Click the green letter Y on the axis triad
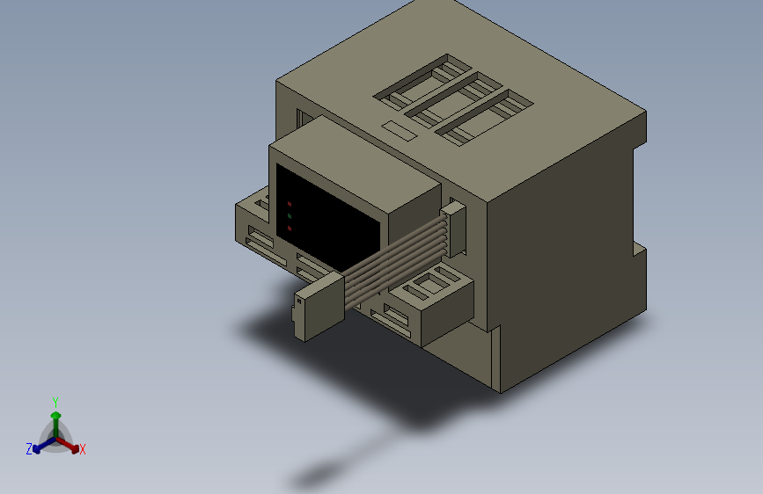click(x=55, y=401)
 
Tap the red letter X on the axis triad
click(x=83, y=450)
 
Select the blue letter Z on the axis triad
click(x=29, y=449)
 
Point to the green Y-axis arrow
click(x=55, y=419)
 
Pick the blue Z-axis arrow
click(x=40, y=445)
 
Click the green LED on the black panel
click(x=289, y=216)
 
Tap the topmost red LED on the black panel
click(x=289, y=204)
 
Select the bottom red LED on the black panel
click(x=289, y=229)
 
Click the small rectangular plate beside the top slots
click(x=399, y=131)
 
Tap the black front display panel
click(x=326, y=220)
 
